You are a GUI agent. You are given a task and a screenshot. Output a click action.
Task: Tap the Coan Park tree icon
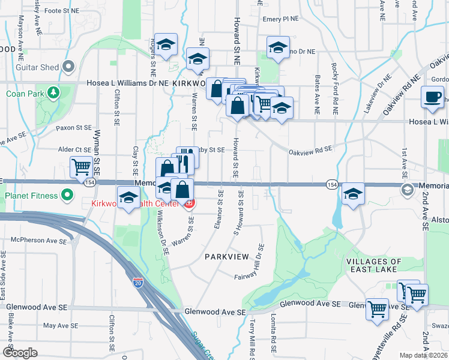point(54,93)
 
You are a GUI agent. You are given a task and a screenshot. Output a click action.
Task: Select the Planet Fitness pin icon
point(67,195)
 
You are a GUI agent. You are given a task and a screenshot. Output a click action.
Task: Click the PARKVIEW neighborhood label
point(226,256)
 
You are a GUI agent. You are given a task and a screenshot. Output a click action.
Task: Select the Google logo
point(20,353)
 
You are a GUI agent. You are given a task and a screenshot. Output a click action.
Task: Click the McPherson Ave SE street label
point(41,241)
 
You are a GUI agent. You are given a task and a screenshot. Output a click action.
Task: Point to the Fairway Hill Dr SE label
point(260,262)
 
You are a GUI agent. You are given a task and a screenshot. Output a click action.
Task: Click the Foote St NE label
point(62,11)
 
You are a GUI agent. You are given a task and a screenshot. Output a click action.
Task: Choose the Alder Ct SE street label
point(74,149)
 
